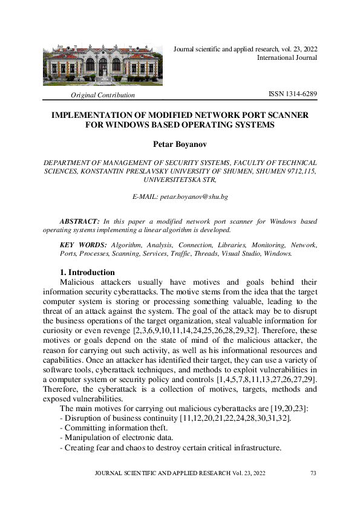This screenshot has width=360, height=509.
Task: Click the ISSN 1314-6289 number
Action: [x=292, y=95]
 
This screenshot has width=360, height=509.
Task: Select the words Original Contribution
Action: [x=103, y=96]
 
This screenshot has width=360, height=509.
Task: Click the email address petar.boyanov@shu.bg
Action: [x=180, y=197]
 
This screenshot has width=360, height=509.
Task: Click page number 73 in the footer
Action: [x=313, y=473]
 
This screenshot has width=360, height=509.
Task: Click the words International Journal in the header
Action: [x=287, y=58]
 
